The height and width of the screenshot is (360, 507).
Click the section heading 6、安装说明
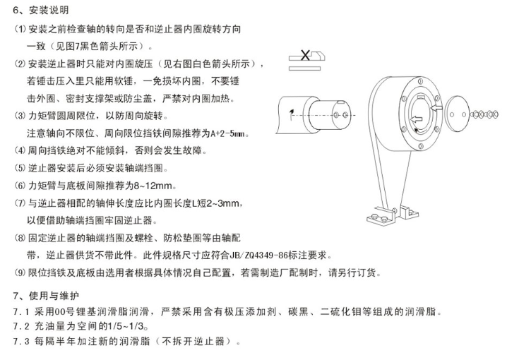[41, 10]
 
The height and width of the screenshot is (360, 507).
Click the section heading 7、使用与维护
[46, 295]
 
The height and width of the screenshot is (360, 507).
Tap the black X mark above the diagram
[305, 55]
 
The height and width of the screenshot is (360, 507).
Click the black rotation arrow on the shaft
[292, 114]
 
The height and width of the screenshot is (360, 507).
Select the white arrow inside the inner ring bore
[417, 119]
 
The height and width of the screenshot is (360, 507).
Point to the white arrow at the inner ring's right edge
[437, 107]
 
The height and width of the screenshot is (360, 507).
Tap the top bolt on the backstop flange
[420, 80]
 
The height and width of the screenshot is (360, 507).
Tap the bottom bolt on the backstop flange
[421, 146]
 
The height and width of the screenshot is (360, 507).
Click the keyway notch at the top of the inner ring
[422, 97]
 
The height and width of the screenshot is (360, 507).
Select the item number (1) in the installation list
[20, 29]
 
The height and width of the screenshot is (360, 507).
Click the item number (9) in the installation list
[20, 272]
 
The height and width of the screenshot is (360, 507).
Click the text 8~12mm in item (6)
[153, 186]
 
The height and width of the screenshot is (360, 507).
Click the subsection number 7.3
[21, 342]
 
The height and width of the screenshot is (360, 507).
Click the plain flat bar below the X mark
[304, 68]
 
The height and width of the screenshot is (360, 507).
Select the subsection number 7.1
[21, 312]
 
